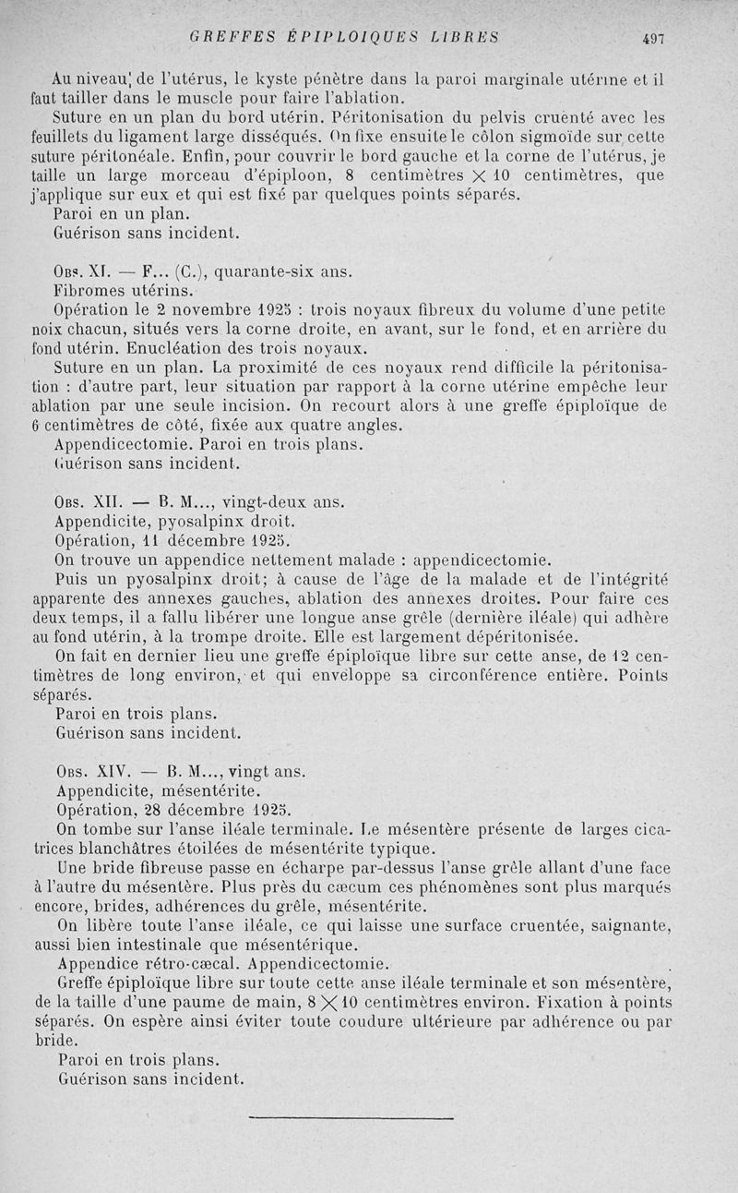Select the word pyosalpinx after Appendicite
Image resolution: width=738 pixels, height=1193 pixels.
pyautogui.click(x=211, y=522)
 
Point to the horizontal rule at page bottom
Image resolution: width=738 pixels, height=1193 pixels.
pyautogui.click(x=351, y=1118)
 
